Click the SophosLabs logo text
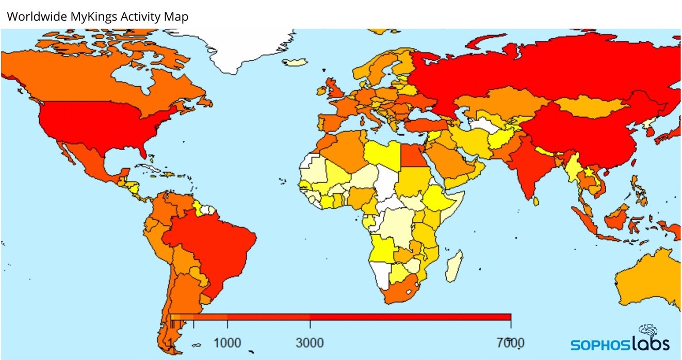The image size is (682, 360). (x=619, y=343)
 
